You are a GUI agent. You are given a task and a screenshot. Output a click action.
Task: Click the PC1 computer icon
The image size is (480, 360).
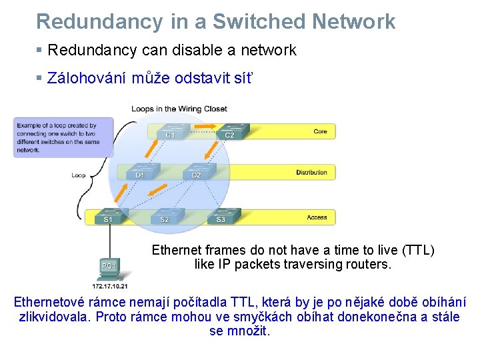pos(109,265)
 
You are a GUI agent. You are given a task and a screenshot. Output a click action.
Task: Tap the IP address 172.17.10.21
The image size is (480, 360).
pos(109,286)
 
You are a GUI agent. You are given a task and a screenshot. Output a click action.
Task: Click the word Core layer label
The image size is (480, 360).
pos(320,131)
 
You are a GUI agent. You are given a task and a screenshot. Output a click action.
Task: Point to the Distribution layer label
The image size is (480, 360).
pos(311,173)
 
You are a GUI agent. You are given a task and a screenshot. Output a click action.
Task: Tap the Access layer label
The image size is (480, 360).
pos(317,217)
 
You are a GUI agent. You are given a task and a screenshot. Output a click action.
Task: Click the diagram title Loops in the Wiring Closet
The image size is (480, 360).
pos(179,109)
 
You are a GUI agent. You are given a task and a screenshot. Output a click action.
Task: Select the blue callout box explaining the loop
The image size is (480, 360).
pos(63,137)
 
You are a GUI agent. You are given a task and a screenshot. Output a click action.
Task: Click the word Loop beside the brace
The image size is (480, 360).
pos(79,175)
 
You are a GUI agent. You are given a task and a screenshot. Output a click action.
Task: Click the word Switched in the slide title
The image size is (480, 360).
pos(259,21)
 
